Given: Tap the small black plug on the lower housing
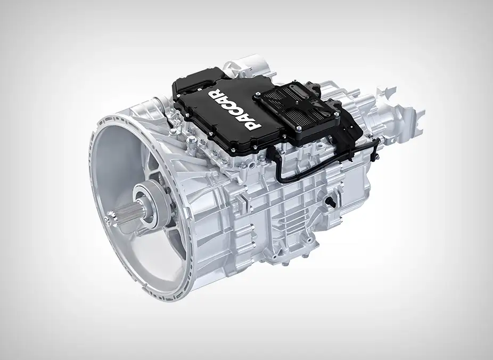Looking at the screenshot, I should (329, 201).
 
